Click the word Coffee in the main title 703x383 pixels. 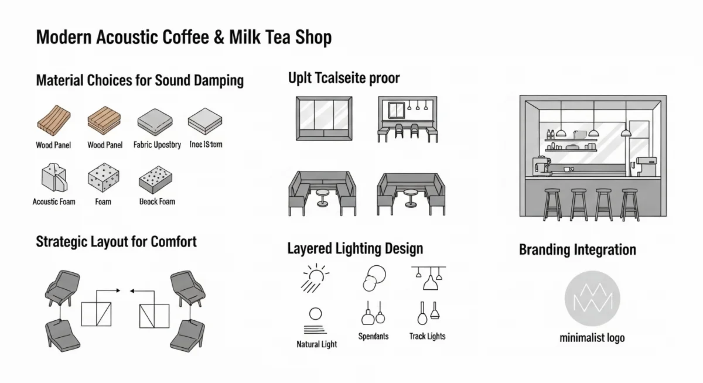pos(178,37)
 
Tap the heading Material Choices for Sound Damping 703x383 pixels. pos(139,80)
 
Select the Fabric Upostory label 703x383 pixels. pos(157,145)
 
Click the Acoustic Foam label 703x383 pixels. pos(54,201)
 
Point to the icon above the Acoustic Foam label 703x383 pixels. pos(54,178)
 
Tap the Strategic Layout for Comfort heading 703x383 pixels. pos(116,241)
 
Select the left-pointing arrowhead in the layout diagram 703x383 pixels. pos(132,290)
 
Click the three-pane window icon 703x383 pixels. pos(324,119)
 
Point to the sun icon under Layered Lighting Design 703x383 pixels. pos(315,276)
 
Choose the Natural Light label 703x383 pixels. pos(316,344)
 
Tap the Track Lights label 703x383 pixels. pos(427,336)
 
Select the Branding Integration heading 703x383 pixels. pos(577,250)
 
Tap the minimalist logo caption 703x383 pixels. pos(592,338)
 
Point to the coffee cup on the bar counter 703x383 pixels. pos(567,169)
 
